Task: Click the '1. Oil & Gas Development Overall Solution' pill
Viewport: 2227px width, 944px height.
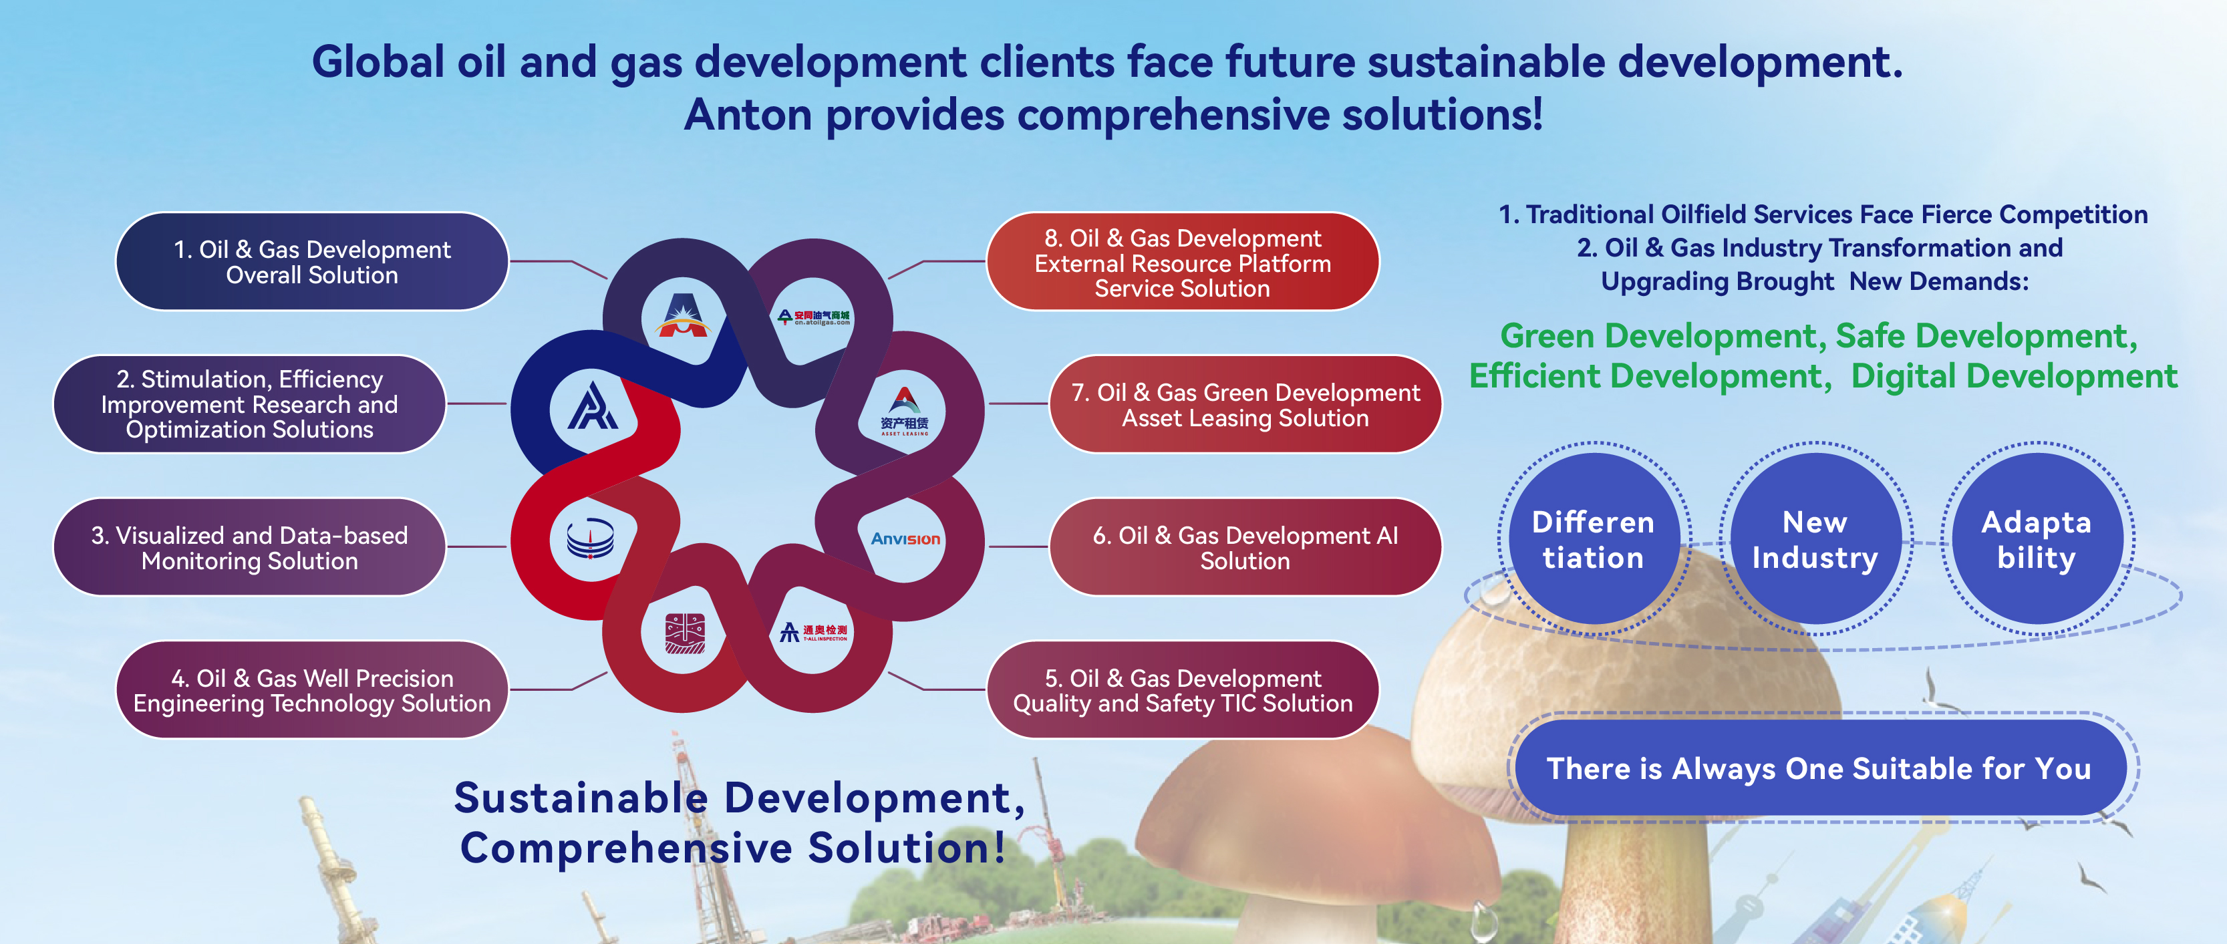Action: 312,261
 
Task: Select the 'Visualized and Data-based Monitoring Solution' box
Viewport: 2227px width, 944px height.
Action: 250,547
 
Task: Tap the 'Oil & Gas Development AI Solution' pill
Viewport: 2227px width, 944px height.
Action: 1245,547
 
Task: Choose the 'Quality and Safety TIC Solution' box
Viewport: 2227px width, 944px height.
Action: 1183,690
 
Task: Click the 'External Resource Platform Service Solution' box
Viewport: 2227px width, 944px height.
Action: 1183,261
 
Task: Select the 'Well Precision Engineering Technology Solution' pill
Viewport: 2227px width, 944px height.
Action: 312,690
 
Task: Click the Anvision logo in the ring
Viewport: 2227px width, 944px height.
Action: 905,539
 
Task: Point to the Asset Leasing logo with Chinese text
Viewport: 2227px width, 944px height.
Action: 904,412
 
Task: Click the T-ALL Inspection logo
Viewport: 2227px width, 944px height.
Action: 814,632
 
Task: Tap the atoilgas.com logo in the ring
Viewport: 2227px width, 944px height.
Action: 814,317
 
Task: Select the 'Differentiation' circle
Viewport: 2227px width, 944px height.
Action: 1594,539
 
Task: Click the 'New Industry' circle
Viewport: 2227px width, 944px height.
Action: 1815,539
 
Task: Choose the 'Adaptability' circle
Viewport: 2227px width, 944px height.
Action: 2036,539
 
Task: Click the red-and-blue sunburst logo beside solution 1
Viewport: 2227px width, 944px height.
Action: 682,315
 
